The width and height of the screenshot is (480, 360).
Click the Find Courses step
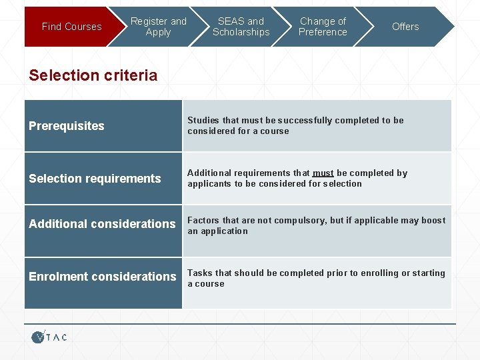(71, 27)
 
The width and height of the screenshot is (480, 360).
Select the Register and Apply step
(159, 27)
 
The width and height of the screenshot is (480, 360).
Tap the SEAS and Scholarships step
(241, 27)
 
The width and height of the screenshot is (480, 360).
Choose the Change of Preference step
(323, 27)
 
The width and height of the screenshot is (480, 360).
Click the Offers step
(405, 27)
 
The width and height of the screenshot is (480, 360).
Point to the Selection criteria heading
(93, 75)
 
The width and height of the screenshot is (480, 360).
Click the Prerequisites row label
(67, 126)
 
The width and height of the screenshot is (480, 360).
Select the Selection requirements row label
(95, 179)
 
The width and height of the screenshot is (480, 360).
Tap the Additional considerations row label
(102, 224)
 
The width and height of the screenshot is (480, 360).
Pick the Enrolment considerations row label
(103, 277)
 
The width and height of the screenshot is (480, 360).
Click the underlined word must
(323, 173)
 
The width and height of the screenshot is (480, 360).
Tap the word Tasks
(200, 273)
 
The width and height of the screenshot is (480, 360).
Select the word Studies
(203, 121)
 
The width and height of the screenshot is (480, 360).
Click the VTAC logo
(49, 337)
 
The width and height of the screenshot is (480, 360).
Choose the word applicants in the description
(209, 184)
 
